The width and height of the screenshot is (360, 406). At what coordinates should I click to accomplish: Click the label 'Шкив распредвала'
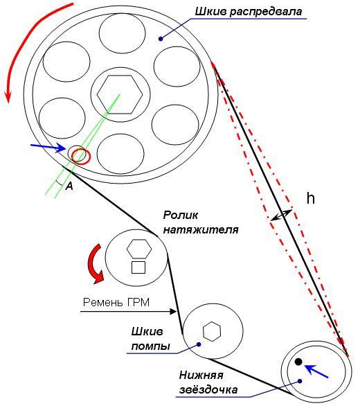click(248, 12)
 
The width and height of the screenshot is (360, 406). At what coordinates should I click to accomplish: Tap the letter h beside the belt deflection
click(311, 199)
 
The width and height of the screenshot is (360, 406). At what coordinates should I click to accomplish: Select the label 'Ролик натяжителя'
click(201, 222)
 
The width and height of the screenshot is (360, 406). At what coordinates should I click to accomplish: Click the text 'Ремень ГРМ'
click(116, 303)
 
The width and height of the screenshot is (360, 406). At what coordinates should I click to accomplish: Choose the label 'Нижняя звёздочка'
click(208, 382)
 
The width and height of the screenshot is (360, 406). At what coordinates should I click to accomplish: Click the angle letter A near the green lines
click(69, 186)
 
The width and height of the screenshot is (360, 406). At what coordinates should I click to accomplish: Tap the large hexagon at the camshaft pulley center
click(120, 94)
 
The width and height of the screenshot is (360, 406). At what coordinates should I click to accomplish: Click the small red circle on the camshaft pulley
click(81, 157)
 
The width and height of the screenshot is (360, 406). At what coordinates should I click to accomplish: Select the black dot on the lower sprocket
click(298, 362)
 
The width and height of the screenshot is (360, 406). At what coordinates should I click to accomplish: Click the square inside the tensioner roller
click(138, 267)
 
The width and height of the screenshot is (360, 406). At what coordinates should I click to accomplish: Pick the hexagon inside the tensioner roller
click(139, 249)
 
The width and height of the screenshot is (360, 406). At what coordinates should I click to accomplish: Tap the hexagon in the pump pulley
click(212, 331)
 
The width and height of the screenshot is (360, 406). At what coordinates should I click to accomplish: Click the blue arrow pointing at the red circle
click(48, 147)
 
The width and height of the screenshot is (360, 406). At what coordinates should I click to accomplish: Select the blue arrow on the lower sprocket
click(316, 371)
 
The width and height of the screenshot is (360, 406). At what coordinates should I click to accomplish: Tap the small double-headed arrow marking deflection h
click(281, 215)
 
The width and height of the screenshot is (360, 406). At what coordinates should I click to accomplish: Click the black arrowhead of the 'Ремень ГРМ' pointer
click(173, 311)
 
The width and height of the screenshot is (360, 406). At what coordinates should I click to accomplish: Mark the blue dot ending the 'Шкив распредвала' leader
click(161, 39)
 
